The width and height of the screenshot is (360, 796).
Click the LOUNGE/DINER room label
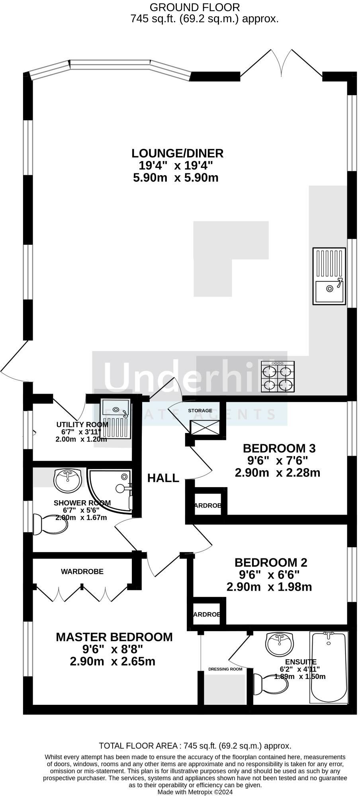click(177, 153)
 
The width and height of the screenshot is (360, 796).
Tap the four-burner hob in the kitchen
click(278, 376)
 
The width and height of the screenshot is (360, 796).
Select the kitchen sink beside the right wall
click(329, 276)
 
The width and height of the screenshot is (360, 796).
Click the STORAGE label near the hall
click(200, 410)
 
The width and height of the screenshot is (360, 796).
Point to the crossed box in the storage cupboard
click(205, 427)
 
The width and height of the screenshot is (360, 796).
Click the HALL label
click(163, 478)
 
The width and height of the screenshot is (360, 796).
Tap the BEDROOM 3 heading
click(279, 449)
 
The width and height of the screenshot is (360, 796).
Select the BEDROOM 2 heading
click(271, 562)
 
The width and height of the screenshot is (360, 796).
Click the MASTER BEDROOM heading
click(114, 637)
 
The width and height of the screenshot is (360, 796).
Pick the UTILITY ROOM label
click(82, 424)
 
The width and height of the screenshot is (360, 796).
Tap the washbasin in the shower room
click(68, 480)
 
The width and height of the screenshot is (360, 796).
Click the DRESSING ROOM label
click(225, 669)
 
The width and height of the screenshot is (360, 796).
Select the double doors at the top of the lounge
click(282, 64)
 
